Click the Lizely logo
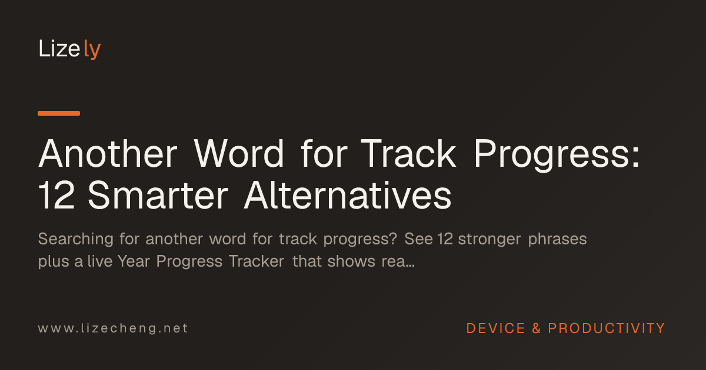(x=69, y=49)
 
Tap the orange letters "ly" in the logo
(x=92, y=49)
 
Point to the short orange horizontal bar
(x=59, y=113)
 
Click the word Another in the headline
(x=108, y=154)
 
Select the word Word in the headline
(x=239, y=154)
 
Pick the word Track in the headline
(x=408, y=154)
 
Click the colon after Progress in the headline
(x=635, y=158)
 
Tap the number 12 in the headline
(x=56, y=195)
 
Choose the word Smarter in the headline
(x=158, y=195)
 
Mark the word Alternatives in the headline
(x=348, y=195)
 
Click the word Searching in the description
(x=76, y=240)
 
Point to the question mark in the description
(x=393, y=239)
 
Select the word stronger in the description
(x=489, y=240)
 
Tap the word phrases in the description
(x=557, y=240)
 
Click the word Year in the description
(x=134, y=261)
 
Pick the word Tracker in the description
(x=257, y=261)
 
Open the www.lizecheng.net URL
(x=113, y=328)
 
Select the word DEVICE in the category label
(x=495, y=328)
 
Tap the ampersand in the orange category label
(x=537, y=328)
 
